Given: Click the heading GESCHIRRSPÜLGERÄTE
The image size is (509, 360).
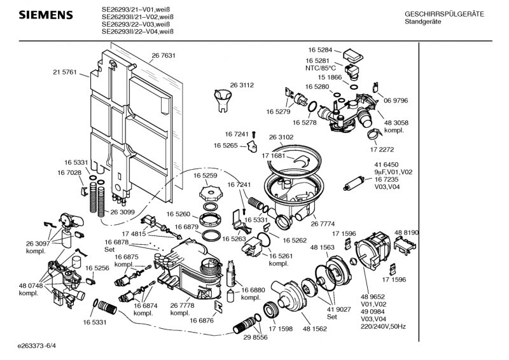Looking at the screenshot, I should pyautogui.click(x=444, y=14).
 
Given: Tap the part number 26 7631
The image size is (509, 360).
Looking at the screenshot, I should pyautogui.click(x=164, y=56).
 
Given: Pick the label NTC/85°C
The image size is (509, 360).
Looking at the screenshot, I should pyautogui.click(x=321, y=67).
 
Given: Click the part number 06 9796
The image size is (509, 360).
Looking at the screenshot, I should pyautogui.click(x=396, y=100).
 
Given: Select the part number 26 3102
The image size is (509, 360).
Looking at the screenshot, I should pyautogui.click(x=281, y=137).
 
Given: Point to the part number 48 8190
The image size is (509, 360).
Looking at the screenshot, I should pyautogui.click(x=406, y=233).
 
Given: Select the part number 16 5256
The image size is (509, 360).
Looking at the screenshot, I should pyautogui.click(x=97, y=268).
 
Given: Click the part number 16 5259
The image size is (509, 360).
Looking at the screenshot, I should pyautogui.click(x=206, y=175).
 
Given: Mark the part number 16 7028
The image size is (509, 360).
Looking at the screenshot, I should pyautogui.click(x=69, y=172).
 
